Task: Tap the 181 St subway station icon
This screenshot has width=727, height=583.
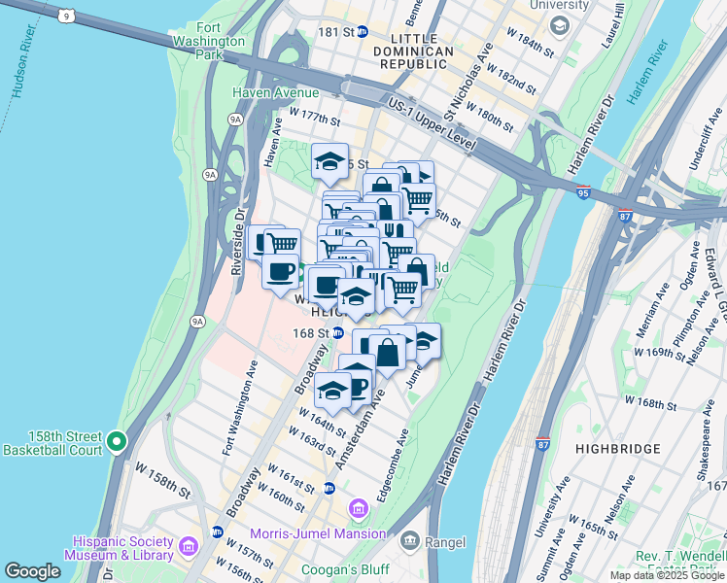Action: [362, 32]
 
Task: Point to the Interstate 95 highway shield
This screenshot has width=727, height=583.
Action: [583, 191]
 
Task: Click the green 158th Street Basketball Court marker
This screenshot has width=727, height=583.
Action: [117, 442]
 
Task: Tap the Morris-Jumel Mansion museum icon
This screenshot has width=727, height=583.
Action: [358, 509]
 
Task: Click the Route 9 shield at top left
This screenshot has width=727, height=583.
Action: [65, 15]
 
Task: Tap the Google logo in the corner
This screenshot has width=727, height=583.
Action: [32, 571]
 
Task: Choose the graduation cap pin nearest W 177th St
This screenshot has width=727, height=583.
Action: [330, 161]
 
